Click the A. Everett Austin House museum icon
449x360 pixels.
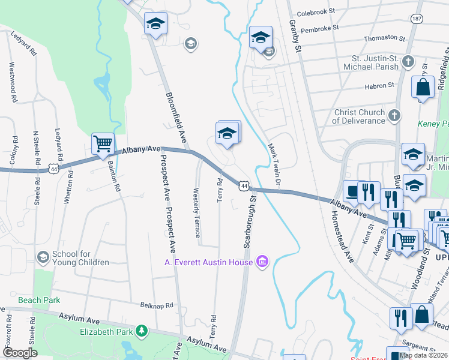[x=262, y=262]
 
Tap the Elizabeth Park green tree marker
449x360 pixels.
[x=142, y=331]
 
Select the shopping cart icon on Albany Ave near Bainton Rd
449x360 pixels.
[x=103, y=143]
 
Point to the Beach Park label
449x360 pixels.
[x=37, y=299]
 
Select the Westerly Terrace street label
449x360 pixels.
[x=196, y=213]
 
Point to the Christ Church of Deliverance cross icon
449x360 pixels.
[x=394, y=115]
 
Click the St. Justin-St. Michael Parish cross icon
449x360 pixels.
[x=408, y=61]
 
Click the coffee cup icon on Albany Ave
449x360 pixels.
[x=351, y=191]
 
